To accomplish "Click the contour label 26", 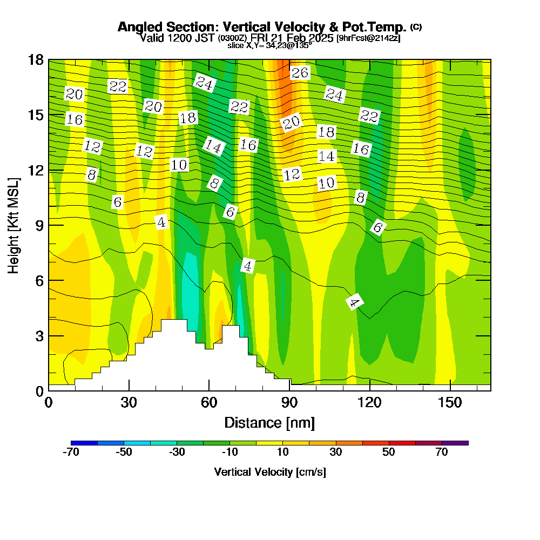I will (x=300, y=72).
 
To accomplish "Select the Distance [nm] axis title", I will (x=269, y=422).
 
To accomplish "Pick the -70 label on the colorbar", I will (x=71, y=453).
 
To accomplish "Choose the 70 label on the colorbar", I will (x=442, y=453).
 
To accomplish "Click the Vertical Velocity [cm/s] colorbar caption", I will (x=270, y=472).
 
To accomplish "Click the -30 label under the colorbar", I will (x=177, y=453).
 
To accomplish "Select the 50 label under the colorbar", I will (x=389, y=453).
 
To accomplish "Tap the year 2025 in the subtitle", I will (x=320, y=38).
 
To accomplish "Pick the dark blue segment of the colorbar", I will (x=84, y=443).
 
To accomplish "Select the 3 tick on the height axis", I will (x=39, y=335).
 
